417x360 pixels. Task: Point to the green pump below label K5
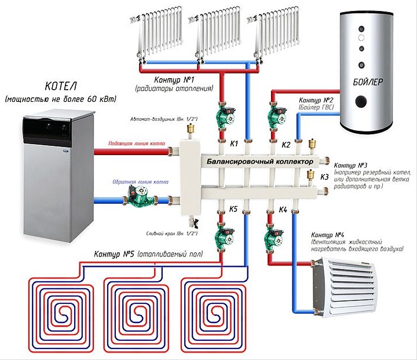pos(222,236)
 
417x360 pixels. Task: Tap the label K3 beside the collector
pos(324,177)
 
